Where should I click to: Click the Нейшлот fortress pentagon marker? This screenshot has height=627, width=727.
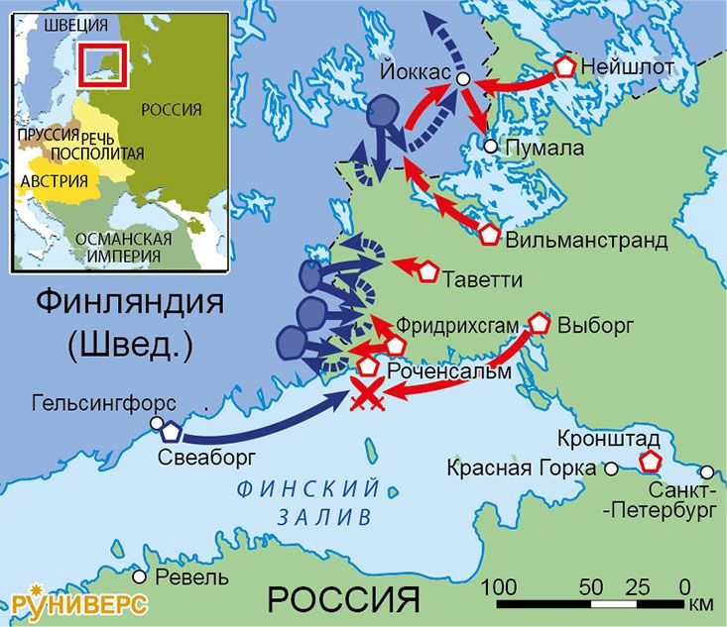tap(564, 67)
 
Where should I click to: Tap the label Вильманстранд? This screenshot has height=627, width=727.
tap(585, 241)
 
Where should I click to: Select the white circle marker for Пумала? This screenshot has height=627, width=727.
tap(490, 147)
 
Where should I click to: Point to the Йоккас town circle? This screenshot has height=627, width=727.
tap(462, 77)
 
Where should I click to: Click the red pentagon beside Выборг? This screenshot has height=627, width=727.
tap(540, 323)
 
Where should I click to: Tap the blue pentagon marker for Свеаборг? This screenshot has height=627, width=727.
tap(171, 433)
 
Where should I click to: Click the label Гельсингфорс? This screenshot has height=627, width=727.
tap(104, 404)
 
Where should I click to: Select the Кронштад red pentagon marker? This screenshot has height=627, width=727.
tap(651, 462)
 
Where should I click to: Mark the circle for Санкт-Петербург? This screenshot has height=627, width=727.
tap(706, 472)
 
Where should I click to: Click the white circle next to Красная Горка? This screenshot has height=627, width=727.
tap(612, 469)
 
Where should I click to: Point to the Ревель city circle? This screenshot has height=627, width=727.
tap(141, 576)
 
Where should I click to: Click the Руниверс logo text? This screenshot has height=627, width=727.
tap(79, 603)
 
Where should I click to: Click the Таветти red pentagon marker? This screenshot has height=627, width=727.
tap(428, 270)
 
